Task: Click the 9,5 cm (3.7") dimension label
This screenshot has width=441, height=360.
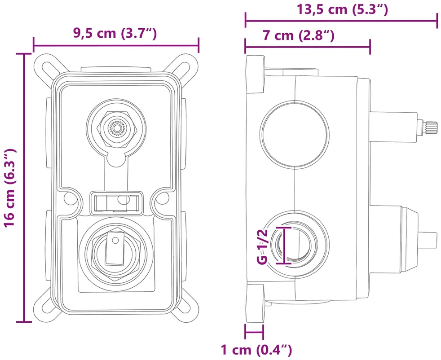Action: click(x=115, y=34)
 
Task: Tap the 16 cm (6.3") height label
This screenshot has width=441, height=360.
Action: click(x=10, y=188)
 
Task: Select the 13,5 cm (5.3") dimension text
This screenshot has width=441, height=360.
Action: click(x=343, y=9)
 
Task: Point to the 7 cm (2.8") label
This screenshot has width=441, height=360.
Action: click(x=299, y=36)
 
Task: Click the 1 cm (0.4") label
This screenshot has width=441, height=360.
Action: click(x=256, y=350)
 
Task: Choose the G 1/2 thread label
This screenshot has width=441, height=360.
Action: click(x=262, y=246)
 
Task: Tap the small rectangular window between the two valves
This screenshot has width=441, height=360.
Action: click(x=116, y=203)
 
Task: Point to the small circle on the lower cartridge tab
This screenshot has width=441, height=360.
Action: click(x=115, y=240)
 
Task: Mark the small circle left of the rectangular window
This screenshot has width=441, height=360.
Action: click(x=71, y=198)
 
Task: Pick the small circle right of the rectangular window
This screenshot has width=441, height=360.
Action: click(x=162, y=198)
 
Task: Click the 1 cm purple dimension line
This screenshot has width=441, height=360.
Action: click(x=254, y=333)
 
